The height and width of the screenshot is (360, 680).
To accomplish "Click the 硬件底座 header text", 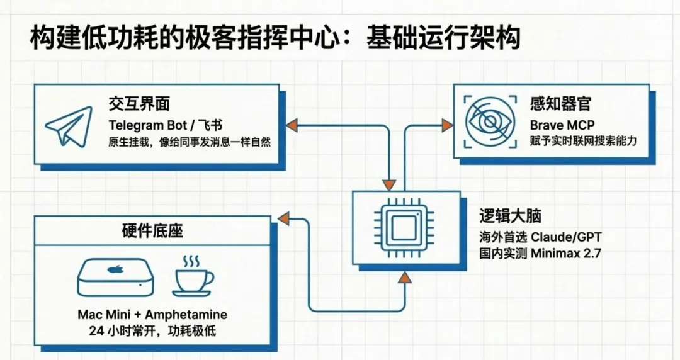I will tap(152, 230).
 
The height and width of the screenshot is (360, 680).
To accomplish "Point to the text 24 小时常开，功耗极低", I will tap(152, 330).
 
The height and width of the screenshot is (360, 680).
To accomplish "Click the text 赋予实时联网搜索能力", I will tap(583, 141).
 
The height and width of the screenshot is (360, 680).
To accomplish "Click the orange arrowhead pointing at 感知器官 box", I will tap(447, 125).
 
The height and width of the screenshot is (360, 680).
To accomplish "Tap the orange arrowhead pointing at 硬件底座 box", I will tap(283, 219).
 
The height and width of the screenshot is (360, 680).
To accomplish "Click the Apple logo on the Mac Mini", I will tap(115, 269).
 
